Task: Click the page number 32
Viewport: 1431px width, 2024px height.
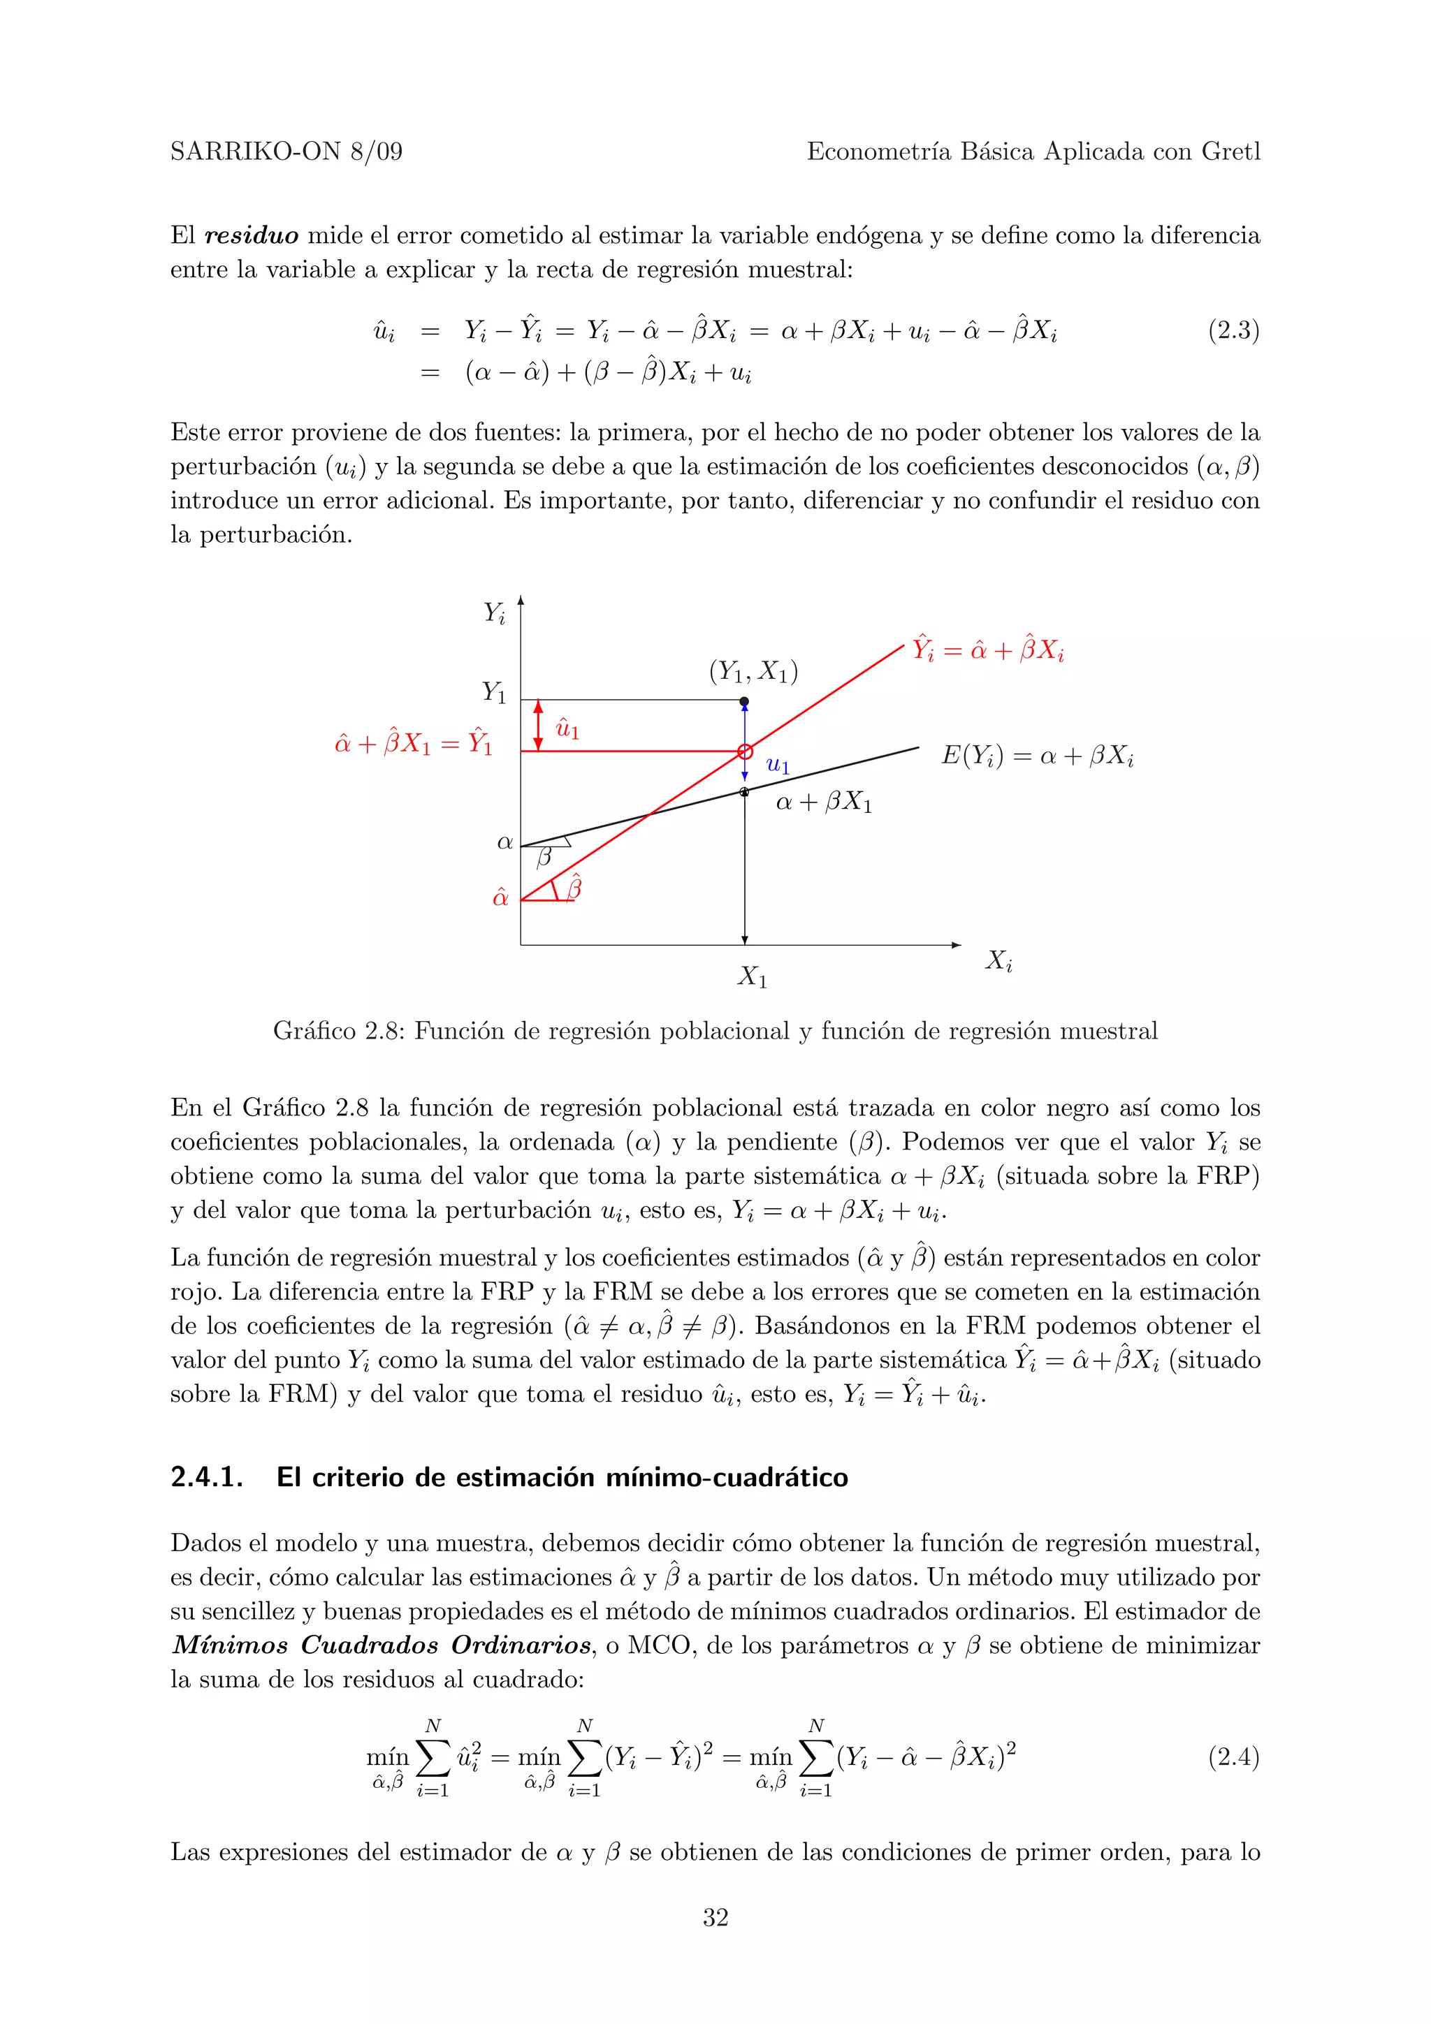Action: [715, 1917]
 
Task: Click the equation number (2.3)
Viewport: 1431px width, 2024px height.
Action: [1233, 330]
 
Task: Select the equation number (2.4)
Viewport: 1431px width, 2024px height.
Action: [1233, 1757]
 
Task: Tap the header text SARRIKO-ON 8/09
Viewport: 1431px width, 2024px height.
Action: [286, 152]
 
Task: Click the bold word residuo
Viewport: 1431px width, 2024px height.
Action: [252, 236]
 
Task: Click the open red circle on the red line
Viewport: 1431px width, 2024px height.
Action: [745, 751]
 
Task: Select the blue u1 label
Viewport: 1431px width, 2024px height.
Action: [778, 765]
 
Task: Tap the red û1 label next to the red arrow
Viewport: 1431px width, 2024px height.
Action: [567, 728]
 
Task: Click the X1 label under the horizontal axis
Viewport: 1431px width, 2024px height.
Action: [752, 977]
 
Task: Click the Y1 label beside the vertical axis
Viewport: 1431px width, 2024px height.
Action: [494, 692]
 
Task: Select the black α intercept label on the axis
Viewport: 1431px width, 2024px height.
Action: [504, 843]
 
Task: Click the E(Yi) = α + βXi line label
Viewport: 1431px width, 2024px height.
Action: [1037, 756]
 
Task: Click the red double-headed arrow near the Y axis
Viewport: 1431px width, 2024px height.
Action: [539, 726]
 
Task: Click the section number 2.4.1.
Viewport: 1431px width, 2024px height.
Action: [206, 1477]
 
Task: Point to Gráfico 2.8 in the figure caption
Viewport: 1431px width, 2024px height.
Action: [335, 1031]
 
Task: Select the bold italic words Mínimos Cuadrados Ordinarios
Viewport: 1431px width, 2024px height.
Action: [382, 1645]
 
